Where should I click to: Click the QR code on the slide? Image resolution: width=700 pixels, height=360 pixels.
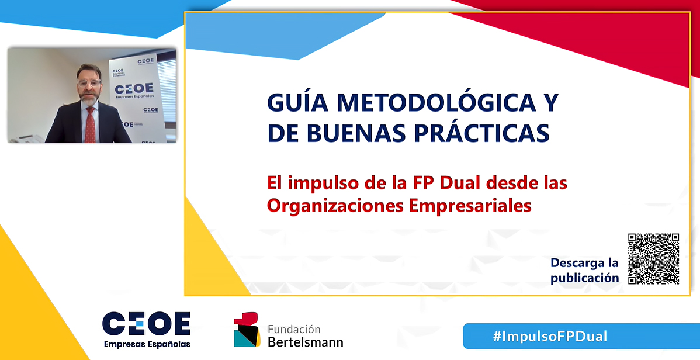pyautogui.click(x=654, y=259)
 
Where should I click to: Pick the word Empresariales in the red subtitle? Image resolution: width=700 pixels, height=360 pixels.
pyautogui.click(x=470, y=206)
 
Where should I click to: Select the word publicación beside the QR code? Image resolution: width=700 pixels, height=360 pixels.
pyautogui.click(x=585, y=278)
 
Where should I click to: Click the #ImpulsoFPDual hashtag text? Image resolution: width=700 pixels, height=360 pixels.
pyautogui.click(x=550, y=336)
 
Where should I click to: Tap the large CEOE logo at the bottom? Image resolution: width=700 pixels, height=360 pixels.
pyautogui.click(x=147, y=324)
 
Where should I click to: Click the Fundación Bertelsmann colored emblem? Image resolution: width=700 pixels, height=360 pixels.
pyautogui.click(x=247, y=330)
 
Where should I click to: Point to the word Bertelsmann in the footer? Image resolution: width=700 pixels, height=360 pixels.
pyautogui.click(x=306, y=342)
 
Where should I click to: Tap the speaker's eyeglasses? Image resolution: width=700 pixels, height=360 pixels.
pyautogui.click(x=89, y=82)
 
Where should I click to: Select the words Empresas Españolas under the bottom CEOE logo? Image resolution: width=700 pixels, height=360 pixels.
pyautogui.click(x=147, y=344)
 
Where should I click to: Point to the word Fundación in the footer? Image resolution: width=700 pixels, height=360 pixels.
pyautogui.click(x=294, y=330)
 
